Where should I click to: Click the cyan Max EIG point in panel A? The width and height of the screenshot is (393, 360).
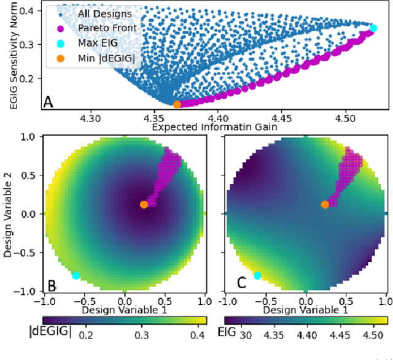[373, 28]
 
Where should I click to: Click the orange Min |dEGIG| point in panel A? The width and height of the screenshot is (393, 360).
[177, 105]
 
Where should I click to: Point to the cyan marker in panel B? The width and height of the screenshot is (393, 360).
[76, 276]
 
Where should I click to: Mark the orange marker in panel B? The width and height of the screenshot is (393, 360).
[144, 204]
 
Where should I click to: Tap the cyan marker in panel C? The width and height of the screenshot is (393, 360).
[257, 276]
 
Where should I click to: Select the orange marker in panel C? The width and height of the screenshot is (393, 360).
[325, 204]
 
